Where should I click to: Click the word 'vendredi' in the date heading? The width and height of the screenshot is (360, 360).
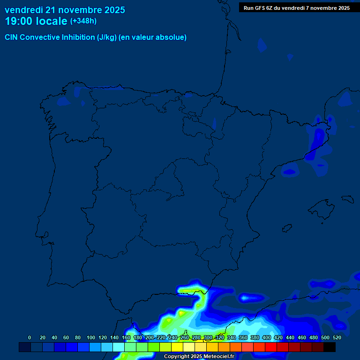click(x=23, y=10)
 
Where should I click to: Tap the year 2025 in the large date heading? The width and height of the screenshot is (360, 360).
click(x=112, y=10)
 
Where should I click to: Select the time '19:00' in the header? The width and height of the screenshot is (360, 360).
click(x=20, y=21)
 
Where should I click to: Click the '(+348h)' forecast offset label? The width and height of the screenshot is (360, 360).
click(x=83, y=21)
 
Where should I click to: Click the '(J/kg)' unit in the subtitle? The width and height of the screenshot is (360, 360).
click(x=107, y=37)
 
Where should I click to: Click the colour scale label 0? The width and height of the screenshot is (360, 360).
click(x=30, y=337)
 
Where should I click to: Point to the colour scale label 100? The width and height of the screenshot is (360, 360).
click(x=91, y=337)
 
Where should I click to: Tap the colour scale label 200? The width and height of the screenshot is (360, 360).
click(x=150, y=337)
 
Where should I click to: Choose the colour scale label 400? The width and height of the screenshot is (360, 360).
click(x=267, y=337)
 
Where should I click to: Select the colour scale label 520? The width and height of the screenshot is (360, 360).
click(x=337, y=337)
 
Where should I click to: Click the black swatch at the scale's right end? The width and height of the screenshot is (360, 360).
click(x=330, y=347)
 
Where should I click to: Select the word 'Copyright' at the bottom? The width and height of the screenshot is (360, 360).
click(x=176, y=357)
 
